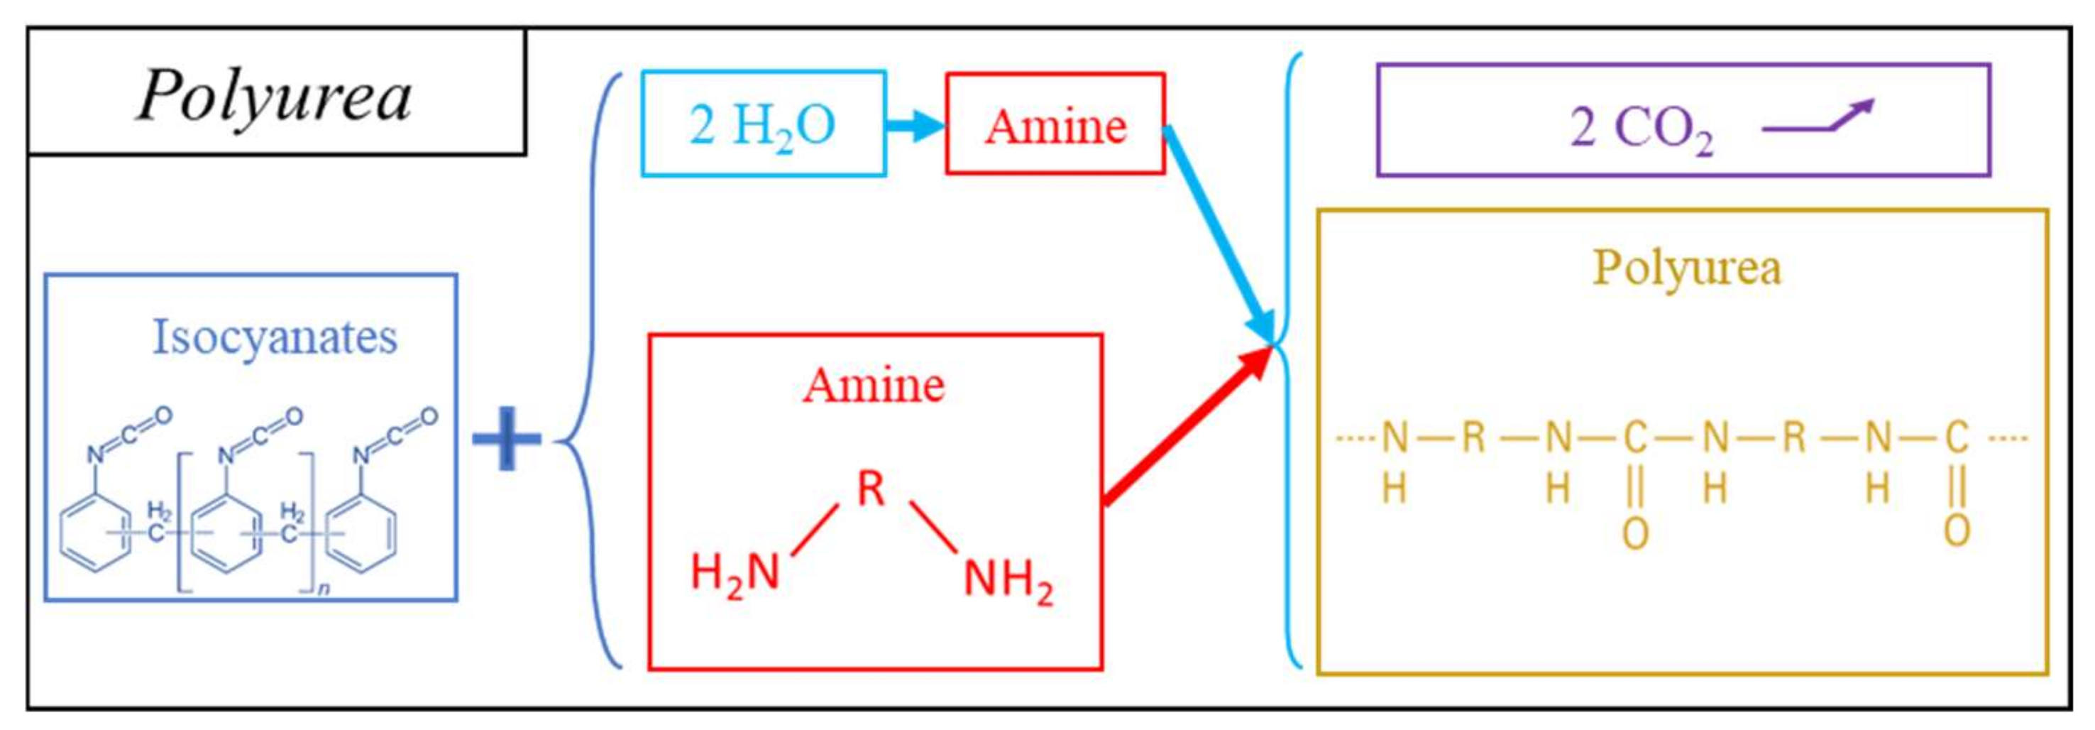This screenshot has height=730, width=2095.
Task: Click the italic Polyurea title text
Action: click(x=275, y=96)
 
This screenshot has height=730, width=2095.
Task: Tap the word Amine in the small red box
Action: click(x=1055, y=126)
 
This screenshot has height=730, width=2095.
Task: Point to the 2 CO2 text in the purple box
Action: click(x=1642, y=129)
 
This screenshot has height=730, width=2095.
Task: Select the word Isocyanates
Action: click(x=275, y=336)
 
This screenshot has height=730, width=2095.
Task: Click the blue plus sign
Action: click(x=506, y=439)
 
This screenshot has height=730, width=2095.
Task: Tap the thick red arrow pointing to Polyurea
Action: click(x=1187, y=427)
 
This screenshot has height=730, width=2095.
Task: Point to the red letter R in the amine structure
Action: click(x=871, y=489)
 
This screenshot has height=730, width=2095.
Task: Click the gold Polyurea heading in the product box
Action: click(x=1686, y=267)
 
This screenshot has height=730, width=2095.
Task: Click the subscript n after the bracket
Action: click(x=324, y=587)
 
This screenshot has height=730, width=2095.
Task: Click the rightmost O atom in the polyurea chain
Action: click(x=1956, y=530)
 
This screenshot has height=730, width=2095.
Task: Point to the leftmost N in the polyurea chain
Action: click(x=1395, y=438)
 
